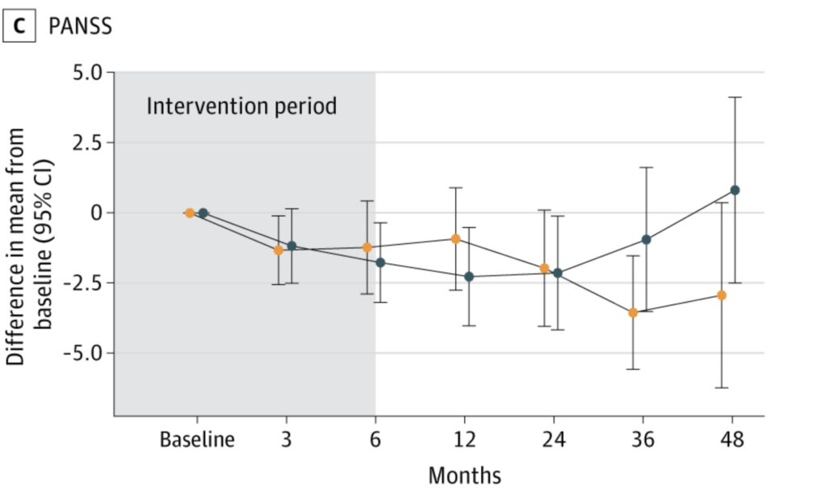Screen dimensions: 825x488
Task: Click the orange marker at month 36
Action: pyautogui.click(x=633, y=313)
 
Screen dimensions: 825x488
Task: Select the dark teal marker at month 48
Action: pyautogui.click(x=735, y=190)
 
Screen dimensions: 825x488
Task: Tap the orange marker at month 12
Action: pyautogui.click(x=456, y=239)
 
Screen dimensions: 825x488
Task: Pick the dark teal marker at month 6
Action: pyautogui.click(x=380, y=263)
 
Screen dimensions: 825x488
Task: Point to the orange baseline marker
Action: pyautogui.click(x=189, y=213)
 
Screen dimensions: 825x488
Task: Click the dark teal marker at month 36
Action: pyautogui.click(x=646, y=240)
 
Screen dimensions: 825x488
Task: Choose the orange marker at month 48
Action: pyautogui.click(x=722, y=296)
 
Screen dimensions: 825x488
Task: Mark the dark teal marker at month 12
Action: pyautogui.click(x=470, y=276)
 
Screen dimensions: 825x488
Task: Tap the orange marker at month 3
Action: pyautogui.click(x=278, y=250)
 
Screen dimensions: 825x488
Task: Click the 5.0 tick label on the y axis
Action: pyautogui.click(x=88, y=72)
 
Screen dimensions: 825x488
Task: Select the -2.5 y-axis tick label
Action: pyautogui.click(x=84, y=283)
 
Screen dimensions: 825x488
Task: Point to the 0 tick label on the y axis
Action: pyautogui.click(x=97, y=213)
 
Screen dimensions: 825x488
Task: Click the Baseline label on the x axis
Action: pyautogui.click(x=197, y=439)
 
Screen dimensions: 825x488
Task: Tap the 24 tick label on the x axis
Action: pyautogui.click(x=554, y=439)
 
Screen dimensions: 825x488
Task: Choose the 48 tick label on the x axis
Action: pyautogui.click(x=732, y=439)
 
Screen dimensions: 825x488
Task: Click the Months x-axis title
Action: pyautogui.click(x=465, y=475)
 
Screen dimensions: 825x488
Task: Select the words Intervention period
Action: pyautogui.click(x=242, y=106)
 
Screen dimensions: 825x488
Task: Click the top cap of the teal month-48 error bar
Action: pyautogui.click(x=735, y=97)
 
